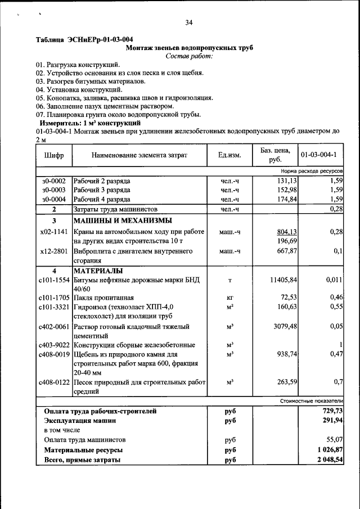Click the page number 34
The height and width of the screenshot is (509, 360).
(188, 22)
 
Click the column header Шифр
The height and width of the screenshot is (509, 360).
(53, 155)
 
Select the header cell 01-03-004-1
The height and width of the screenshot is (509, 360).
(319, 155)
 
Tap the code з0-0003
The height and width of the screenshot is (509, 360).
(53, 190)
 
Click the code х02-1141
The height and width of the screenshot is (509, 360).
(54, 232)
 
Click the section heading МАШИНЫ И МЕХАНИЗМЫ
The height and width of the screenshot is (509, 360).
(122, 220)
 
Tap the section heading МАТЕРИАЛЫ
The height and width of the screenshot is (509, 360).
(98, 271)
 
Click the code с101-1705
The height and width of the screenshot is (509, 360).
(54, 297)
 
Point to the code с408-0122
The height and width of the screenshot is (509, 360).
(54, 382)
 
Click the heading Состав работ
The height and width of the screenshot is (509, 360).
(189, 56)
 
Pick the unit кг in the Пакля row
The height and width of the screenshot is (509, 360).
(229, 297)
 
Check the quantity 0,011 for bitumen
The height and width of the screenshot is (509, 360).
(334, 280)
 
